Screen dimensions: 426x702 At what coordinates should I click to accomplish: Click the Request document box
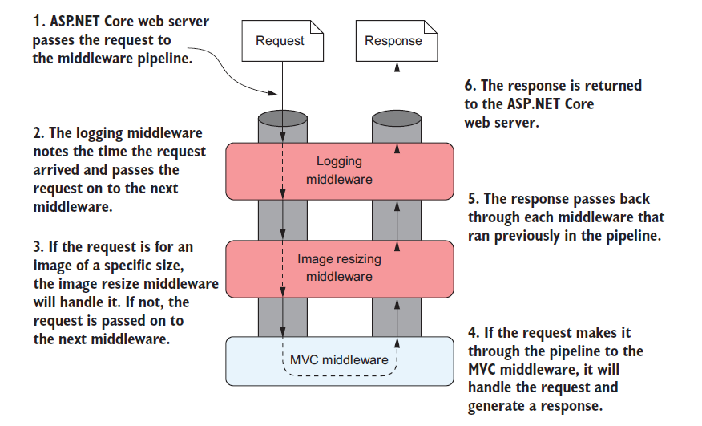click(280, 41)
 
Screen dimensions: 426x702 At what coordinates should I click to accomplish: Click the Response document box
click(393, 41)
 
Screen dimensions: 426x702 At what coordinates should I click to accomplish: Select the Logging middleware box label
click(339, 170)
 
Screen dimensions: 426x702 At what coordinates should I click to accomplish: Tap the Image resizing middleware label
click(339, 267)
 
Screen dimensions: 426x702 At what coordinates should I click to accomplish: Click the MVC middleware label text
click(339, 359)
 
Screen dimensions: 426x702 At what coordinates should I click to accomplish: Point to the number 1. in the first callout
click(39, 22)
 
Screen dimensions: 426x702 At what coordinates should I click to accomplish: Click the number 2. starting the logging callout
click(39, 132)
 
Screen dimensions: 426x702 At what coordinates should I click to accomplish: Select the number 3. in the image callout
click(39, 247)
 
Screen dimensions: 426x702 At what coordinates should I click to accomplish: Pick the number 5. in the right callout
click(472, 198)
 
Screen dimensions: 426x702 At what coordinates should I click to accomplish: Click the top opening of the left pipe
click(282, 118)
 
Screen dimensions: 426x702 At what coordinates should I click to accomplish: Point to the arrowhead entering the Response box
click(394, 69)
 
